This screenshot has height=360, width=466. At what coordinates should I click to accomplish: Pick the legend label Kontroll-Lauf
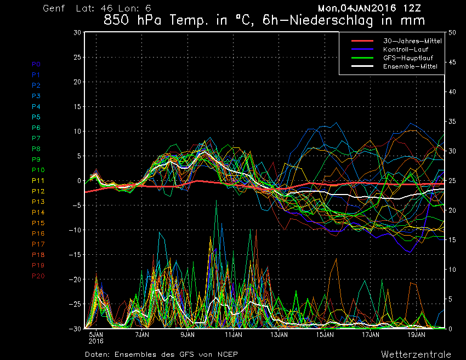pos(401,49)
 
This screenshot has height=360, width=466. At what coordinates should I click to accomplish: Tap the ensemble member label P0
pos(36,64)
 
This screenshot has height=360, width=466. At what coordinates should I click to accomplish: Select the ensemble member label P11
pos(38,180)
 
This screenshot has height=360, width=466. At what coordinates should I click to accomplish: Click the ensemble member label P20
pos(38,276)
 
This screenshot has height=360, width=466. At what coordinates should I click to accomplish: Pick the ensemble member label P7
pos(36,138)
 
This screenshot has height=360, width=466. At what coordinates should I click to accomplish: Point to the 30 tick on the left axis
pos(77,32)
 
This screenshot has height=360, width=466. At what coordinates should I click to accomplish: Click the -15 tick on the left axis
pos(75,255)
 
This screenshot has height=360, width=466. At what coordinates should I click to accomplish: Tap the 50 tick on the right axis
pos(452,32)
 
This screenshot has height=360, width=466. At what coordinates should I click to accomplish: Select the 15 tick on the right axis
pos(452,240)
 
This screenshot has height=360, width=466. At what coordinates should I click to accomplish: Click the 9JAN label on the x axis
pos(187,334)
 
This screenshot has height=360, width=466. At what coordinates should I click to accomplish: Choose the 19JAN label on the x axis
pos(417,334)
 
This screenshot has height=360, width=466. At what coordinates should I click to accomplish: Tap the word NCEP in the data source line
pos(227,354)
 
